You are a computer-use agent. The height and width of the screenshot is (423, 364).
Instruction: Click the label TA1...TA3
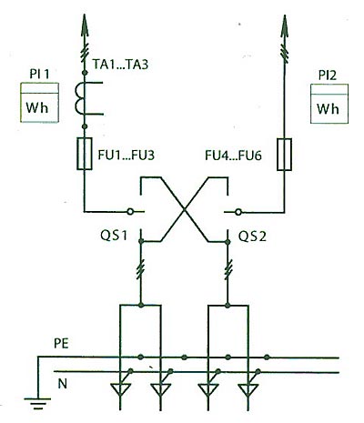120,65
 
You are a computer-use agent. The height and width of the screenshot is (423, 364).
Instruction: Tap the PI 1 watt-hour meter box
39,103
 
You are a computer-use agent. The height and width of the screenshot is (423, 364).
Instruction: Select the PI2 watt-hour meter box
329,104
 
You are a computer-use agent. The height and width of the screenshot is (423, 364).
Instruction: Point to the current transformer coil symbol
79,99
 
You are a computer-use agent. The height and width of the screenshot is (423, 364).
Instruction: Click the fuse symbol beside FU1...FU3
85,154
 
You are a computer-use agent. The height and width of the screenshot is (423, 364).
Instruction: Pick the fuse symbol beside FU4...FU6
285,155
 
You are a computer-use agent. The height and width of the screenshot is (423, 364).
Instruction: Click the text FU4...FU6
233,156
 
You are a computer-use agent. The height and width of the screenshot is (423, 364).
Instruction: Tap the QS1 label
114,236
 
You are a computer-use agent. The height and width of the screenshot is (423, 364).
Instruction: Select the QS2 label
252,237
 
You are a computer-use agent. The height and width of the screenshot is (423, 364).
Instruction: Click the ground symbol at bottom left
37,401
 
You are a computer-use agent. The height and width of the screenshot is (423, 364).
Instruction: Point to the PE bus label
61,344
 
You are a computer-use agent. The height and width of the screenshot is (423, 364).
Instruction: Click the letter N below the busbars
62,384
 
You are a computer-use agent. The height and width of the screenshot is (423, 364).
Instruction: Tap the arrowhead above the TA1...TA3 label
86,25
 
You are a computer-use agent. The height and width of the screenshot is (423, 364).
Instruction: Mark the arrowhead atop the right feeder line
285,26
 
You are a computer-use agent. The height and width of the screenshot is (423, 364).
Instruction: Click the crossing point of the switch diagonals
184,209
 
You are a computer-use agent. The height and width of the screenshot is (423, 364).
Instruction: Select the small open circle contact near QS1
130,211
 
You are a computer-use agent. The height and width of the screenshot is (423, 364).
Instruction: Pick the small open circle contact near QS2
238,212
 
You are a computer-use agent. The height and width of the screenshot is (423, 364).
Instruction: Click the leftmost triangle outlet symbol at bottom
120,389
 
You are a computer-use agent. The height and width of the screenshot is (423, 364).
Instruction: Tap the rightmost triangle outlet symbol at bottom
248,389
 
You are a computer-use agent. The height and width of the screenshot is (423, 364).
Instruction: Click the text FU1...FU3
126,155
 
